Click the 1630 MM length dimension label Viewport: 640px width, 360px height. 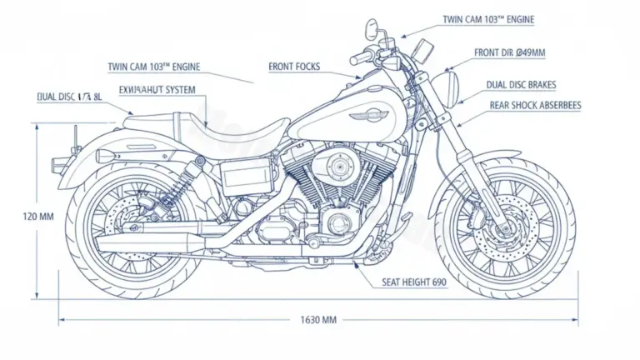click(318, 319)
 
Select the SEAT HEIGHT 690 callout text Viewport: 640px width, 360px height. click(414, 282)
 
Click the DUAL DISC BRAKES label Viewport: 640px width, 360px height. click(521, 85)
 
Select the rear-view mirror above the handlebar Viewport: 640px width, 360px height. click(371, 30)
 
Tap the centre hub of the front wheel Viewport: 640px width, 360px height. click(503, 223)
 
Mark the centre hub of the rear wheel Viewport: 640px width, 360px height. click(133, 223)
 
